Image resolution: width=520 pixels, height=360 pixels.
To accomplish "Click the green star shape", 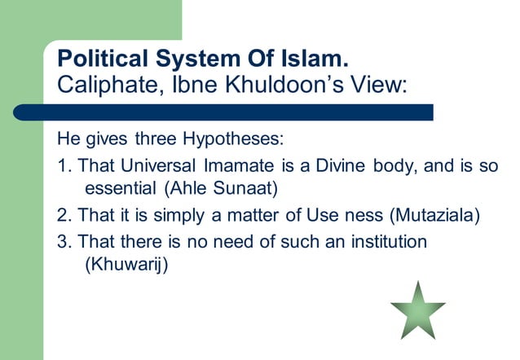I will [x=417, y=310].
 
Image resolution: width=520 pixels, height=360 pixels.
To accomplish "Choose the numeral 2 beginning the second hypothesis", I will [x=61, y=217].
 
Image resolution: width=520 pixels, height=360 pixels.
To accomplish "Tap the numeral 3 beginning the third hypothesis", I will [x=61, y=242].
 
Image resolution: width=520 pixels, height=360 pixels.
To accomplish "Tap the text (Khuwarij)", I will [x=126, y=266].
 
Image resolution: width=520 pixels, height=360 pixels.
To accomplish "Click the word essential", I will [x=121, y=191].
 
